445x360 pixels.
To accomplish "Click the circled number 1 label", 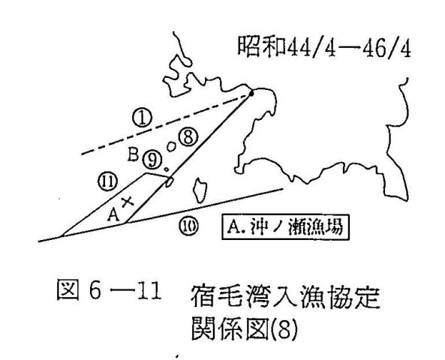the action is click(142, 118).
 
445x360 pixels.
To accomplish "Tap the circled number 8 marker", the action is click(188, 137).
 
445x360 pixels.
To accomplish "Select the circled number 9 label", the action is click(152, 160).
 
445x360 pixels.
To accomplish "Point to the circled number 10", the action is click(188, 226).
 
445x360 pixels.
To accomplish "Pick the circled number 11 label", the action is click(107, 181).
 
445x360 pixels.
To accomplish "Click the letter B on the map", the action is click(133, 154).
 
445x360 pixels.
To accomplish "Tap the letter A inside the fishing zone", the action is click(113, 214).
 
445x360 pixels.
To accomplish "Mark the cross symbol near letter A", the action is click(128, 202).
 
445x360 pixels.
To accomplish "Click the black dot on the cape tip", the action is click(251, 93).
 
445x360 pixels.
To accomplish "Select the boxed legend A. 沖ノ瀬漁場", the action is click(285, 227).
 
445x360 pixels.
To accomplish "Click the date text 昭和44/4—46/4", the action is click(324, 46).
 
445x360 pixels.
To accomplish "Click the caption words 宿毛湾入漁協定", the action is click(285, 297).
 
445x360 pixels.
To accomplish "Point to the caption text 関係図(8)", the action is click(245, 329).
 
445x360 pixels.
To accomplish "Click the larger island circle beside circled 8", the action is click(171, 147).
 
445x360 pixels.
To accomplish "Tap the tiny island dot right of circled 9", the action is click(167, 169).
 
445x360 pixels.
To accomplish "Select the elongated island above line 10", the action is click(200, 190).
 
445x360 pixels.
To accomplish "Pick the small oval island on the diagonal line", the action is click(170, 181).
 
